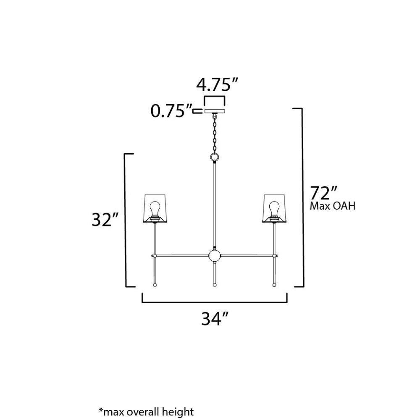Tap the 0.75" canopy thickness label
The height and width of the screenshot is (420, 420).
171,111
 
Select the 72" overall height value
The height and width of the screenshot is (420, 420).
323,193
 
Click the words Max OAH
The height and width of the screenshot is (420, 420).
332,206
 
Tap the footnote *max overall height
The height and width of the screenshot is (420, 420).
146,411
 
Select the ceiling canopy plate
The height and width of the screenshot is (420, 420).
215,111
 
